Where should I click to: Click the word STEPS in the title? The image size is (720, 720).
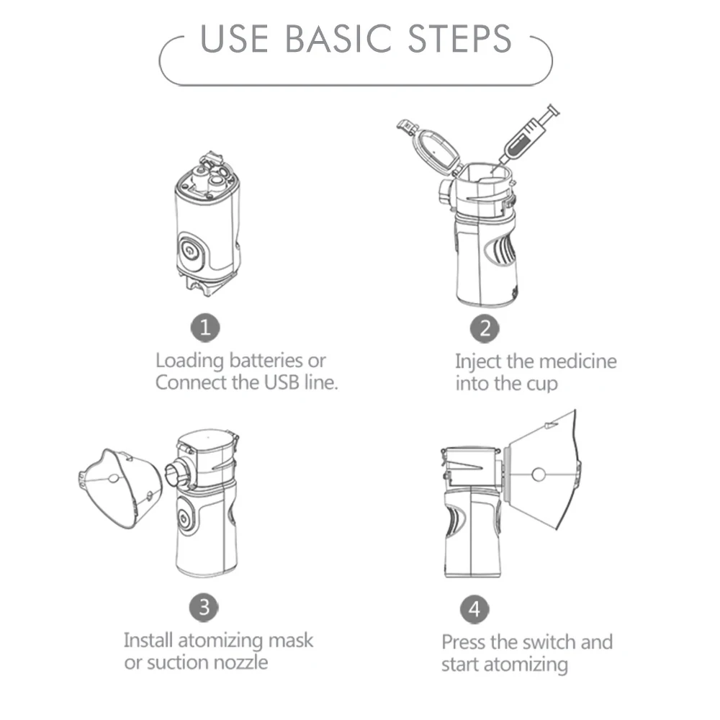click(459, 39)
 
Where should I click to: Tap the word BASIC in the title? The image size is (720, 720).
click(338, 39)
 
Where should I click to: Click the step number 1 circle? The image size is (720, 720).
click(205, 328)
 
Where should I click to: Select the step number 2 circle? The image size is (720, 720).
click(485, 329)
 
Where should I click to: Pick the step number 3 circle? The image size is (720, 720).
click(204, 608)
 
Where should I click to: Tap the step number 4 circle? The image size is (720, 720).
click(474, 609)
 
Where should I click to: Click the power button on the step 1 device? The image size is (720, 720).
click(189, 251)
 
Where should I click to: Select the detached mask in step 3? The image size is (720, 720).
click(120, 487)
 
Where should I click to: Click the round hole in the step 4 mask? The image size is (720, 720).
click(538, 474)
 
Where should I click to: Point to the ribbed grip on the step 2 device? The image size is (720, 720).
click(502, 251)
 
